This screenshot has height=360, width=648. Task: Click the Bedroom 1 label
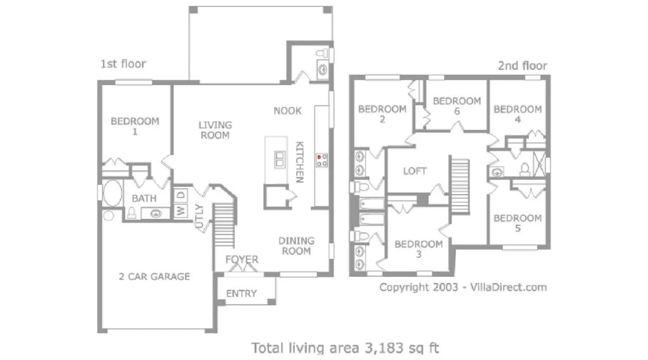(135, 126)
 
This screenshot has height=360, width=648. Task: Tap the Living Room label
(215, 130)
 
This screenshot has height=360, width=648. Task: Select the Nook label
(288, 111)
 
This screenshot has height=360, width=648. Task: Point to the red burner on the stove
(319, 157)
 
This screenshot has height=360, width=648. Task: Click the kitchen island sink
(280, 159)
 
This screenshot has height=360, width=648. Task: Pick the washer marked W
(180, 210)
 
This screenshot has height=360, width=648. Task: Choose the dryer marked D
(181, 195)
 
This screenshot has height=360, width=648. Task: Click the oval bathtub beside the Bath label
(112, 193)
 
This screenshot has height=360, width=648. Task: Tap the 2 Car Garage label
(154, 276)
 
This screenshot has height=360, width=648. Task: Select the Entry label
(241, 293)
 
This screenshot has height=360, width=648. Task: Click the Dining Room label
(296, 246)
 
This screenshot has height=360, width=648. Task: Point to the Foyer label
(242, 259)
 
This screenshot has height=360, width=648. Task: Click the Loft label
(415, 171)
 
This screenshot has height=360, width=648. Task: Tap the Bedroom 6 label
(457, 106)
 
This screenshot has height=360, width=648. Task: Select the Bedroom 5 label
(518, 223)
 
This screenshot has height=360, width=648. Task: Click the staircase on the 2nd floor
(460, 186)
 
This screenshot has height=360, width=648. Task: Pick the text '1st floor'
(123, 64)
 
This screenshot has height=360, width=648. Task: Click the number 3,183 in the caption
(384, 348)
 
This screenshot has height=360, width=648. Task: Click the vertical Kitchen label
(300, 162)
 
